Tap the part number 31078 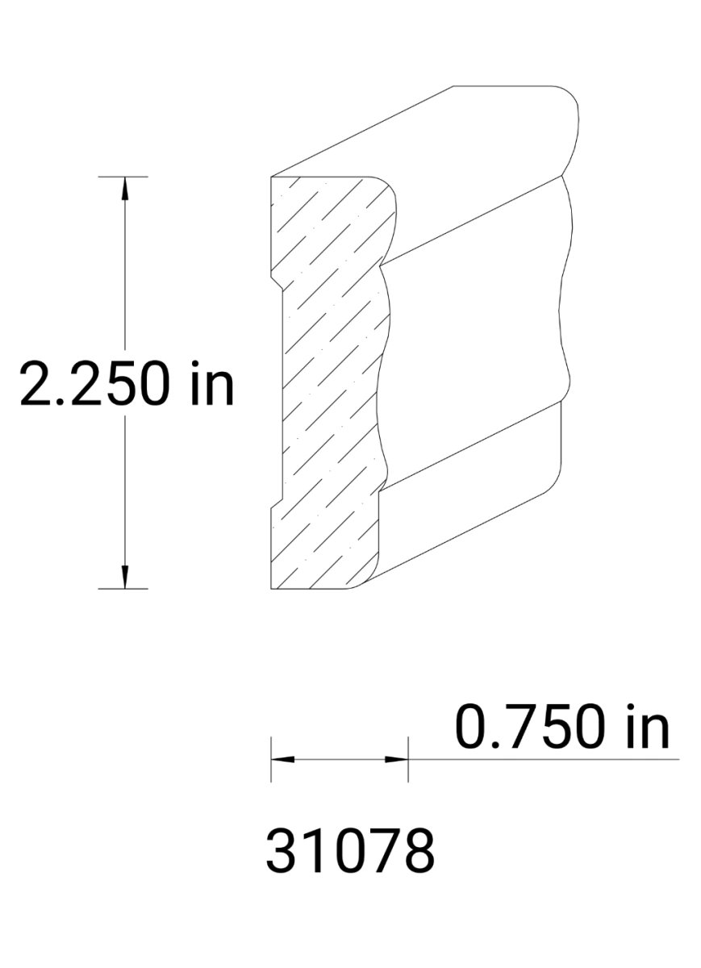[350, 851]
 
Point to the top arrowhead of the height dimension [124, 186]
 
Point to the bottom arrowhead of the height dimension [124, 578]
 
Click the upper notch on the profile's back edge [277, 282]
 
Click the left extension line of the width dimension [271, 758]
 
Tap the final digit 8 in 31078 [417, 851]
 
